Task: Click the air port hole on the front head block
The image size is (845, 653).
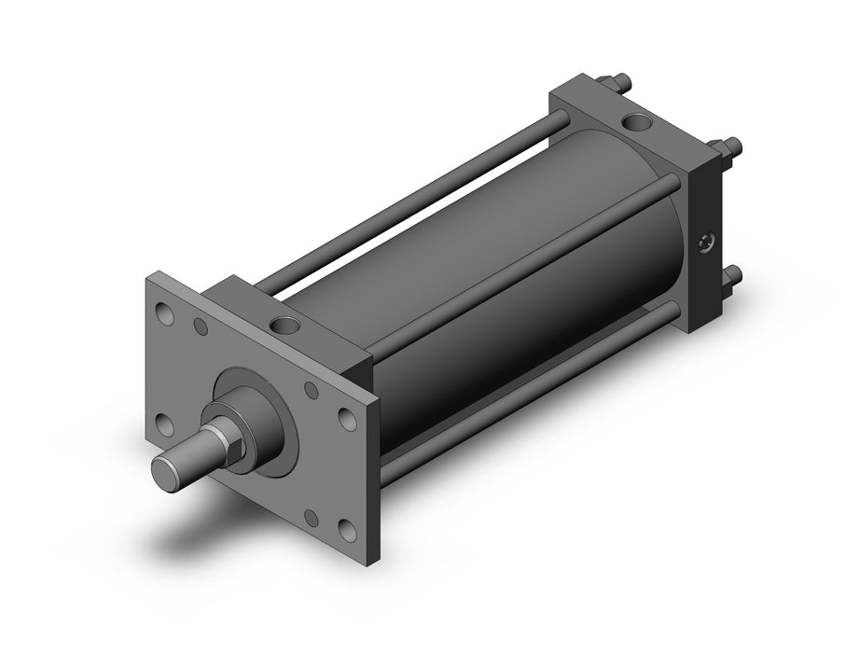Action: (282, 325)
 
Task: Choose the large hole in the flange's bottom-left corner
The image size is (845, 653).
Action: (165, 424)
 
